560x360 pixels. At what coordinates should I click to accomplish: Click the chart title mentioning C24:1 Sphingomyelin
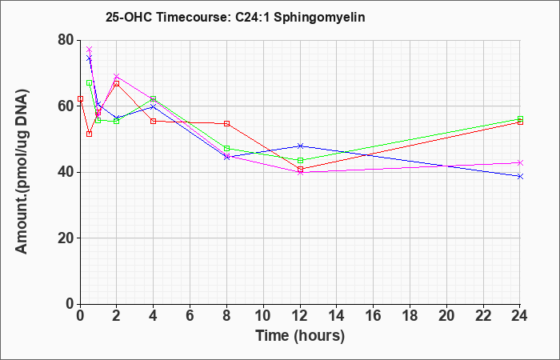[235, 17]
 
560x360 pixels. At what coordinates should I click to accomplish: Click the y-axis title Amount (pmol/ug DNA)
[22, 172]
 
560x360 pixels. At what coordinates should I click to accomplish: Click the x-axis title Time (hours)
[300, 336]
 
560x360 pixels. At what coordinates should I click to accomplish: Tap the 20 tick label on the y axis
[66, 238]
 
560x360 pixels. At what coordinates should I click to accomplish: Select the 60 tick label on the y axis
[66, 106]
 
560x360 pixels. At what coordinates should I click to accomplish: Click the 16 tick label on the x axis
[374, 316]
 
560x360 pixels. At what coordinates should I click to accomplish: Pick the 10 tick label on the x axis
[263, 316]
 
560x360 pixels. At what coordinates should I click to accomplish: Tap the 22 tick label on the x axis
[483, 316]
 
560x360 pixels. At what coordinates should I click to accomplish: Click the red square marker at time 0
[80, 98]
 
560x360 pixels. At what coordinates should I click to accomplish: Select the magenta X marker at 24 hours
[520, 163]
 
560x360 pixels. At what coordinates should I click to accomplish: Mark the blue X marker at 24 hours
[520, 177]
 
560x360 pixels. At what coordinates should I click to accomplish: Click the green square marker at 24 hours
[520, 118]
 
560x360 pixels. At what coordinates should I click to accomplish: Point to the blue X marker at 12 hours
[300, 146]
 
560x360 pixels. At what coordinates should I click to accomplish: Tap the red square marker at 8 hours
[226, 123]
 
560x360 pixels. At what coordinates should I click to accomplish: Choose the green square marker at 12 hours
[300, 160]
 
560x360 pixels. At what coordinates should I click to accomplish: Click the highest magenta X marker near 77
[90, 49]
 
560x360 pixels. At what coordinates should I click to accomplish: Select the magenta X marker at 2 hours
[117, 77]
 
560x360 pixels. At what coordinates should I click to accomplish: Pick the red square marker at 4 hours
[154, 121]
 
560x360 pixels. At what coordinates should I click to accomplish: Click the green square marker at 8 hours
[226, 148]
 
